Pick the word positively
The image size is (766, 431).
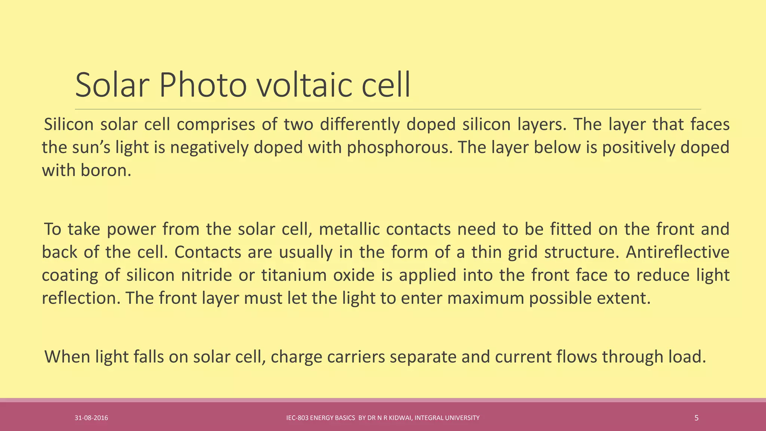pyautogui.click(x=637, y=147)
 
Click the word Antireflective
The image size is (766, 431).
pyautogui.click(x=677, y=252)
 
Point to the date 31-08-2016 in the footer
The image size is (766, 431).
pyautogui.click(x=91, y=418)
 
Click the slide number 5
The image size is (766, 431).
pyautogui.click(x=696, y=418)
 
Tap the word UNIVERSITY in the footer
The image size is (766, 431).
pyautogui.click(x=463, y=418)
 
